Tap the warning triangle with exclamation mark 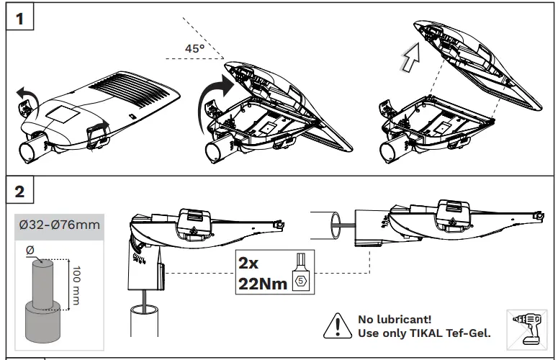point(336,326)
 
